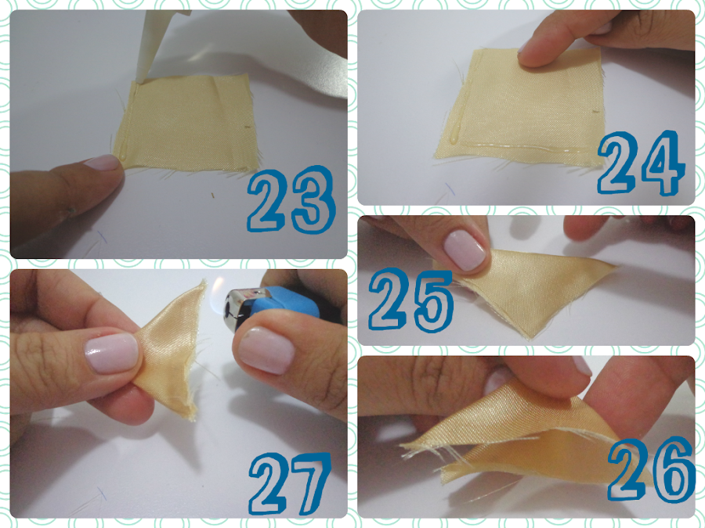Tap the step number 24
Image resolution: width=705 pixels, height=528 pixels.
[641, 163]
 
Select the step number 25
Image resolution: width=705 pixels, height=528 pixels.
[410, 300]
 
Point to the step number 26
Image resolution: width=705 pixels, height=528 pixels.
[651, 469]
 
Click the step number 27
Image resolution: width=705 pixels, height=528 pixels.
[290, 483]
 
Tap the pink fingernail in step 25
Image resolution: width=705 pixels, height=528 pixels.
[465, 250]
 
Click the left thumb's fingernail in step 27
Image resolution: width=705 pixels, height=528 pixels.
[111, 354]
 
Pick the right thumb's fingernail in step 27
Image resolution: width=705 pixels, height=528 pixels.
[266, 350]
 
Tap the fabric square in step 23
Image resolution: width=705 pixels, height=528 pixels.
[186, 122]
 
